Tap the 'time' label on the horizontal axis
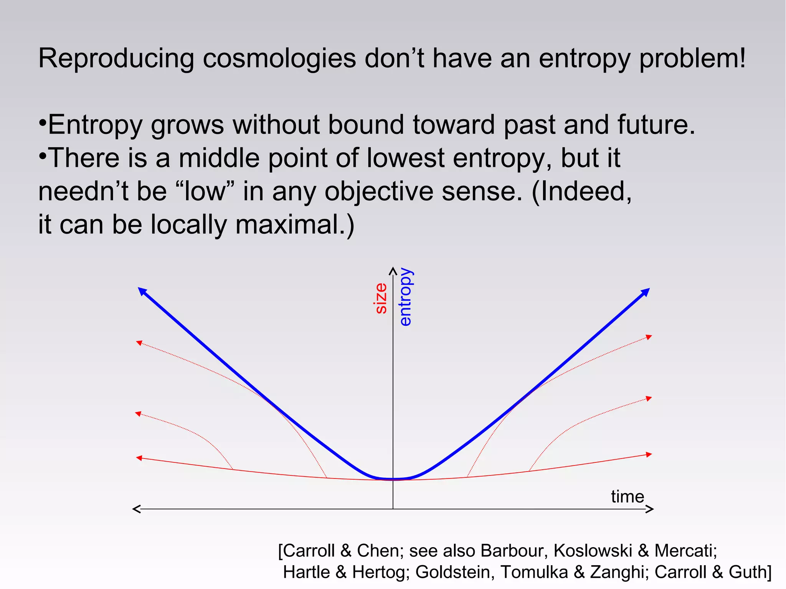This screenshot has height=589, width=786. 627,497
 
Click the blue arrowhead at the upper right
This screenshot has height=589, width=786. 646,292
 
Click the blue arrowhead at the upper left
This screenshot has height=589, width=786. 142,291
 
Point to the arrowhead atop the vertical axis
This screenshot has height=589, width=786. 393,271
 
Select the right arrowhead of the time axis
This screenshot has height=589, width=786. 649,509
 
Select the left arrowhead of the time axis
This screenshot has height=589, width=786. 137,509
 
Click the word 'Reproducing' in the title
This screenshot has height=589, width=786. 116,59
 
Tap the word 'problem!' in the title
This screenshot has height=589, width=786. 692,59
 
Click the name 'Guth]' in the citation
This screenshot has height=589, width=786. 750,572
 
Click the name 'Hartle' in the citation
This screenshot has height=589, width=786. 306,572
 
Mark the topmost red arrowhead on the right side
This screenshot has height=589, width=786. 649,337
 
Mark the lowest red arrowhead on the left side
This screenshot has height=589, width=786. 139,458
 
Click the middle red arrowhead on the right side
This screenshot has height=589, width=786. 649,398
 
